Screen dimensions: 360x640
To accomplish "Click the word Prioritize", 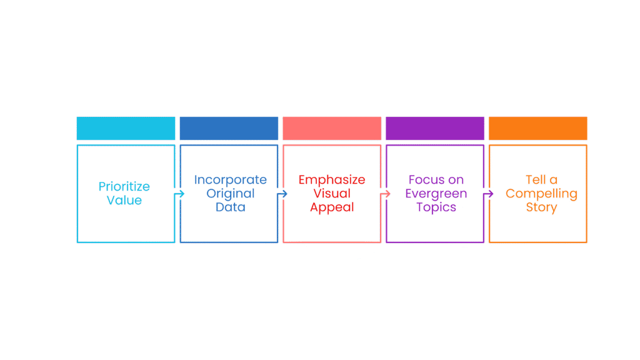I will point(124,186).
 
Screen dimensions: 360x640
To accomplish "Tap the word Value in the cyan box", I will point(124,200).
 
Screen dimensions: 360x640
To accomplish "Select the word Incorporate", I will point(230,180).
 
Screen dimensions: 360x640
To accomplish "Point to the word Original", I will point(230,194).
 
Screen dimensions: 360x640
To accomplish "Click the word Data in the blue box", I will point(230,207).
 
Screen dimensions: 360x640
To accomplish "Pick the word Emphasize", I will point(332,180).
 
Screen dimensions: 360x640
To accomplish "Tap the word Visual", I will point(332,194).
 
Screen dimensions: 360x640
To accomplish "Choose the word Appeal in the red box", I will point(332,207).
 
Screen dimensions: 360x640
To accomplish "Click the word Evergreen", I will point(436,194).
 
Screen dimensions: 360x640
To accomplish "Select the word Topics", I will point(436,207).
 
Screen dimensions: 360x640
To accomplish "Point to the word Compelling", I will point(541,194).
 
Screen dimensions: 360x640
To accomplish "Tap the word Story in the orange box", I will point(541,207).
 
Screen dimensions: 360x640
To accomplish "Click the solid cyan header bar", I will point(126,128).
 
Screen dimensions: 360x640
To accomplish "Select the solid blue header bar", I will point(229,128).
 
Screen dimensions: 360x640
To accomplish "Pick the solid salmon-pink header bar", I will point(332,128).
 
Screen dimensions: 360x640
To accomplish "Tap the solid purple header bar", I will point(435,128).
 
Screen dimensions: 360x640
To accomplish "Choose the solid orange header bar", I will point(538,128).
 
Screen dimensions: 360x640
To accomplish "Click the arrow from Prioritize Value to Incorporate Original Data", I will point(179,194).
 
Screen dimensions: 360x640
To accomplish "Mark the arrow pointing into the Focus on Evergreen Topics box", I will point(385,194).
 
